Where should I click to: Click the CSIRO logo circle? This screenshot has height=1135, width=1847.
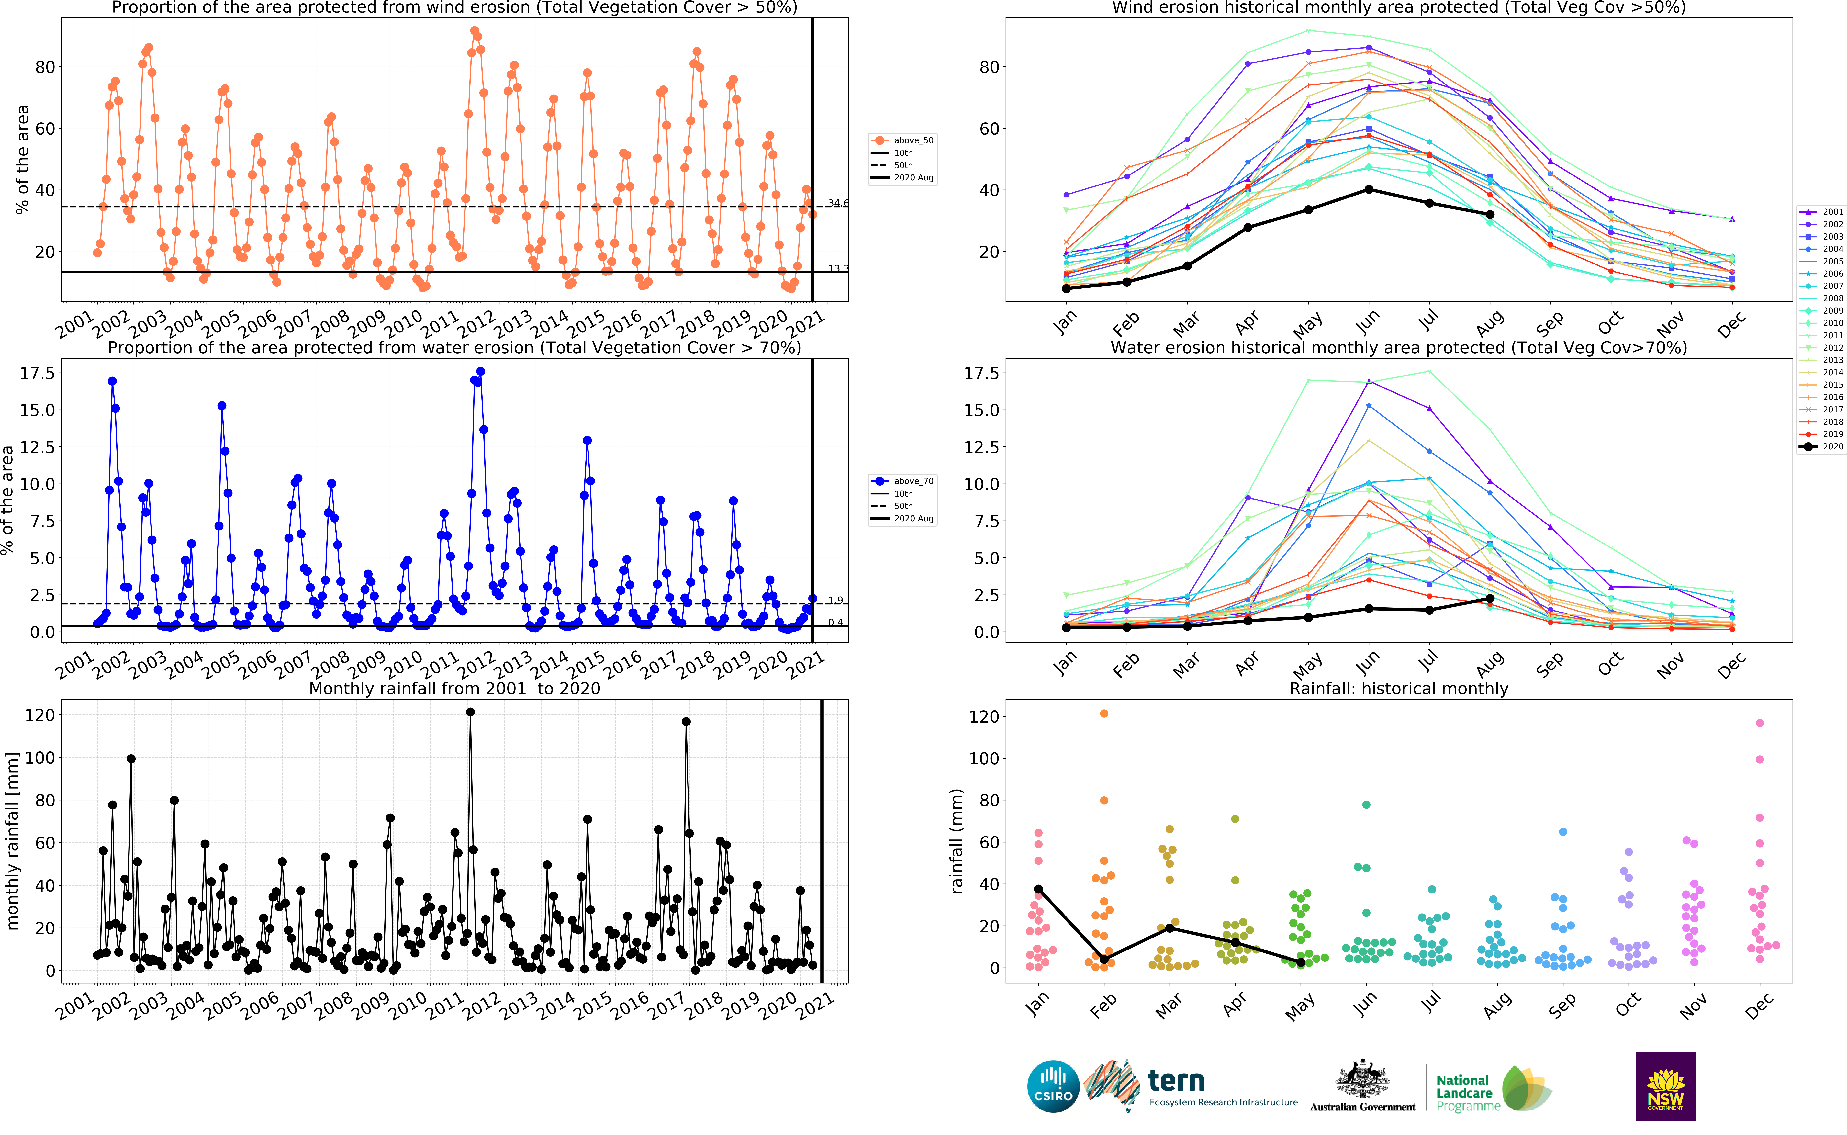1053,1086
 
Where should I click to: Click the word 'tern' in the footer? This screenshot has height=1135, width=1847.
1176,1081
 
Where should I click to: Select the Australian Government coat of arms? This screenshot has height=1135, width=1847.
1362,1079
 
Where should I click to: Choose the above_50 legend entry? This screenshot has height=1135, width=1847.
902,140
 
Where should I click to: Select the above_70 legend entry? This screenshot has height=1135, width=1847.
902,481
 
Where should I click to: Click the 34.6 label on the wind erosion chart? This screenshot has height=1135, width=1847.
838,203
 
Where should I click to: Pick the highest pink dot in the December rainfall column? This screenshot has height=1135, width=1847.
1760,723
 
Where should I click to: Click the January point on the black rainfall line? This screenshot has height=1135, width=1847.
1039,889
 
